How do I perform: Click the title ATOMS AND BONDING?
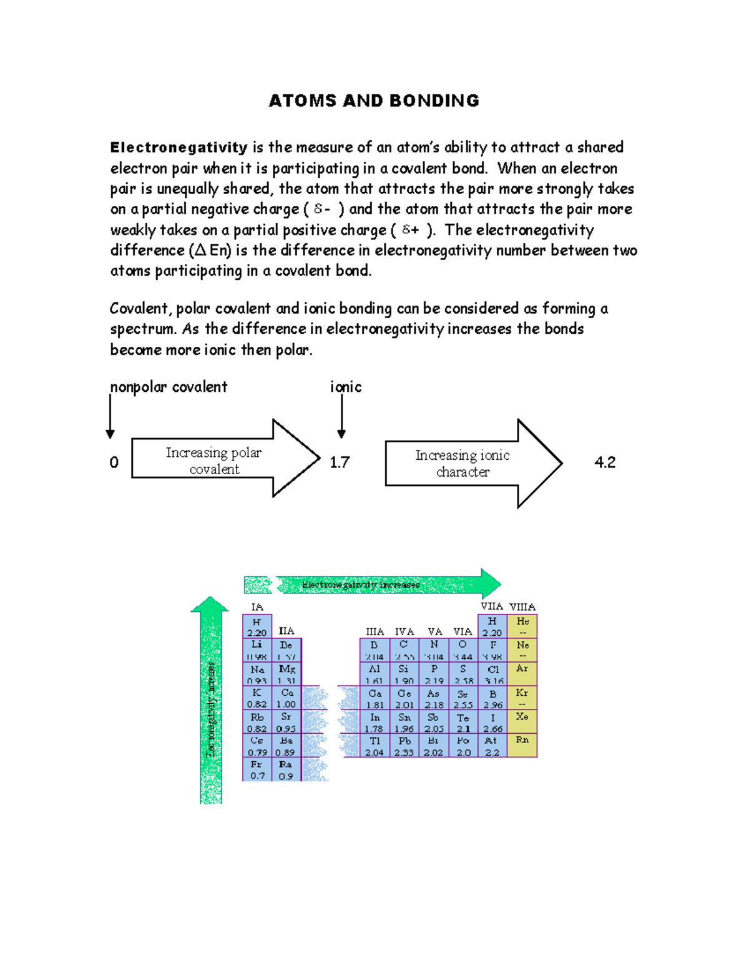coord(374,101)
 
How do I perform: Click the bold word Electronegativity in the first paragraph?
coord(179,148)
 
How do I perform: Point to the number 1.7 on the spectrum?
coord(340,462)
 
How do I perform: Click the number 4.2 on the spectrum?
coord(605,462)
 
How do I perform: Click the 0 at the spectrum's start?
coord(114,462)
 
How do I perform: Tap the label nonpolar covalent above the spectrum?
coord(169,387)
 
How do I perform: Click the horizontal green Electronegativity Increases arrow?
coord(387,585)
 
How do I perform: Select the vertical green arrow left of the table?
coord(211,699)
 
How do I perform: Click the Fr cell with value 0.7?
coord(257,770)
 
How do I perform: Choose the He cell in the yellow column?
coord(522,626)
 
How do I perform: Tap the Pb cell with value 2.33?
coord(404,746)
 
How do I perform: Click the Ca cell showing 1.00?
coord(286,698)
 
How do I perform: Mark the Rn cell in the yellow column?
coord(522,746)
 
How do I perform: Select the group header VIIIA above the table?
coord(522,606)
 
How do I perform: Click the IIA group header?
coord(286,631)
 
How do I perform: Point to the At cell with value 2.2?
coord(492,746)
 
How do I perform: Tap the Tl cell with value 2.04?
coord(374,746)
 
